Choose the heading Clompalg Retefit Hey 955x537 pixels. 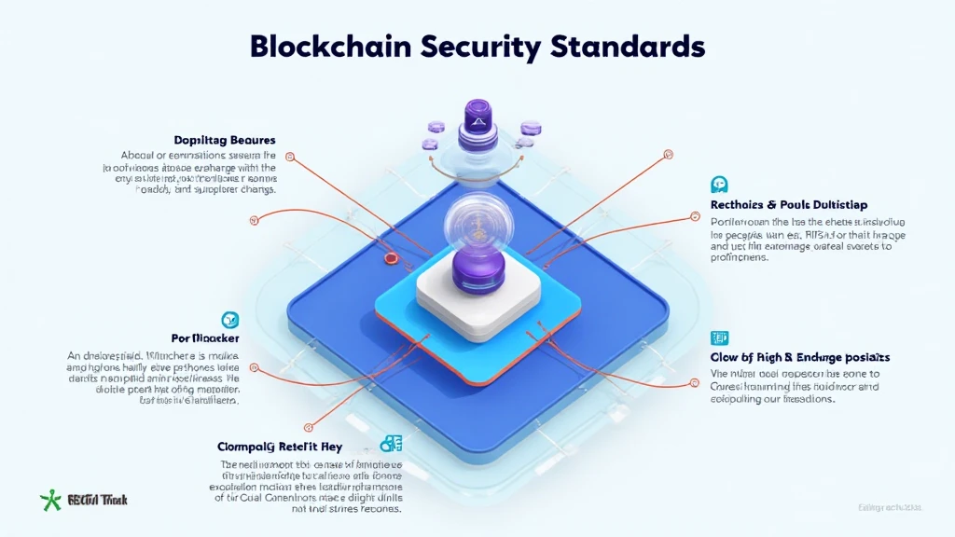(280, 445)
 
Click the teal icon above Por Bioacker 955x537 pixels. (229, 319)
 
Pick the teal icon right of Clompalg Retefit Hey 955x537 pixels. (391, 444)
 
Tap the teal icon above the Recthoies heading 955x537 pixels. (719, 184)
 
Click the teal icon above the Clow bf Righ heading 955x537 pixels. (719, 337)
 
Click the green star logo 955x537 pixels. (49, 501)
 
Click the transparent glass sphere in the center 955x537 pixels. (477, 224)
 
